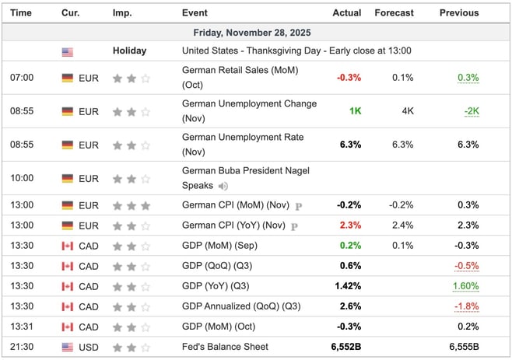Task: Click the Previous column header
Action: point(459,13)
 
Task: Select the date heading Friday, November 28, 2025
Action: point(256,33)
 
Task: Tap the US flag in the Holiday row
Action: point(68,51)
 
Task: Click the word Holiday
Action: point(129,51)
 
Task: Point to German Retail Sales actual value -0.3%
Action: point(349,78)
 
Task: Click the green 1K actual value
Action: point(355,111)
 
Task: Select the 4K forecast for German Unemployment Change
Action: point(408,111)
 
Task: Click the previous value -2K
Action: point(471,111)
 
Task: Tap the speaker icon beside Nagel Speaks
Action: point(224,186)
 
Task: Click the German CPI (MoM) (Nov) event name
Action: point(235,206)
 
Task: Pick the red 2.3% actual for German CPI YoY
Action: point(350,225)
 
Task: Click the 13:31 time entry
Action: point(22,327)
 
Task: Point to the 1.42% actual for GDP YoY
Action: point(348,286)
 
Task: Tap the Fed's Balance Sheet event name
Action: point(224,347)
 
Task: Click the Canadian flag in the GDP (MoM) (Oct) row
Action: point(68,327)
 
